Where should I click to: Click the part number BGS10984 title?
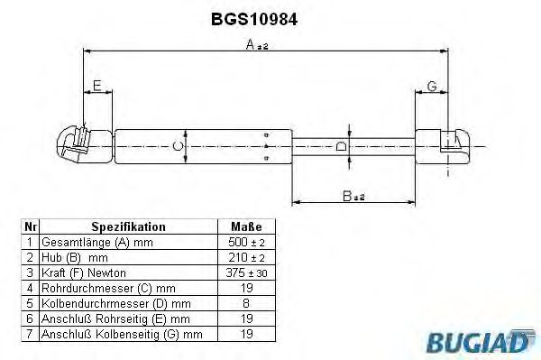pos(254,19)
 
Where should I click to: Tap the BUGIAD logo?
pos(481,342)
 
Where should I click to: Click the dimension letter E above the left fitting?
pos(97,85)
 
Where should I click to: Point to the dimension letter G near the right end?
pos(432,86)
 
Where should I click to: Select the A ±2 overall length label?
pos(257,44)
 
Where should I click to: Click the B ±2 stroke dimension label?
pos(353,196)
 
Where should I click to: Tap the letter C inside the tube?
pos(178,146)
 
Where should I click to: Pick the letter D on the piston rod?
pos(341,146)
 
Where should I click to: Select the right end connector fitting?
pos(443,146)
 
